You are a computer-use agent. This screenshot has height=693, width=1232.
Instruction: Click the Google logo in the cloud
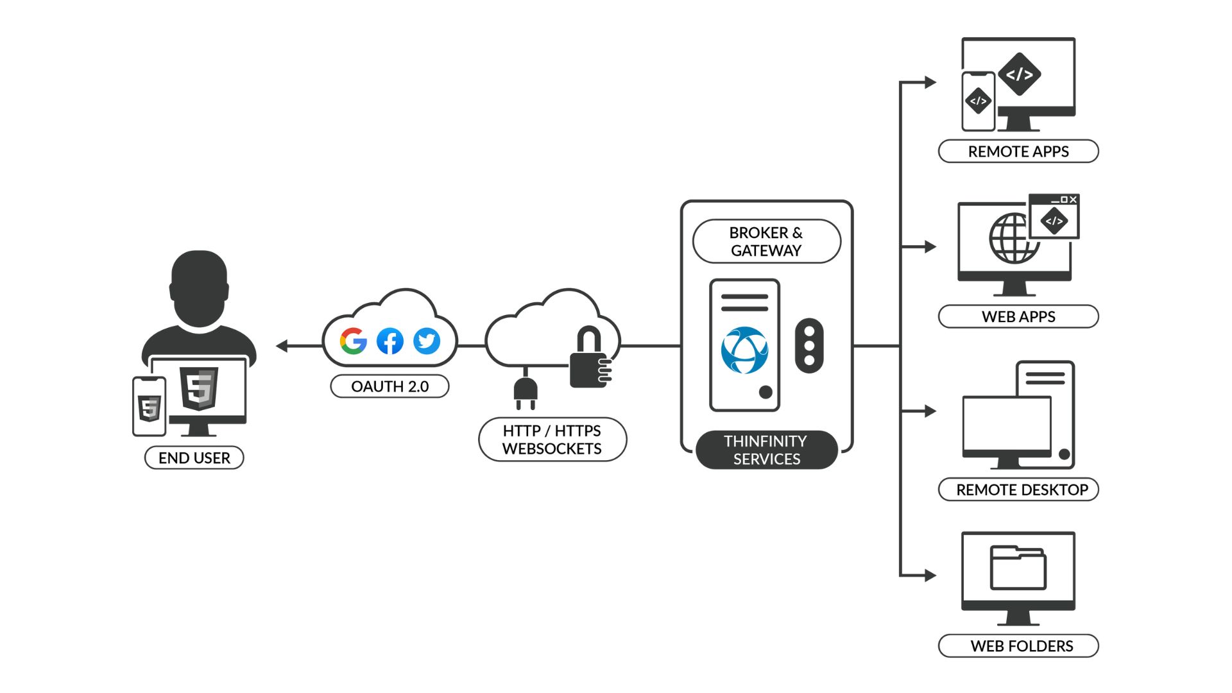[353, 341]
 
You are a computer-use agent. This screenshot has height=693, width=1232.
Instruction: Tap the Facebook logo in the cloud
[389, 341]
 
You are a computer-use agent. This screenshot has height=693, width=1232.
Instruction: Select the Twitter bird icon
[427, 341]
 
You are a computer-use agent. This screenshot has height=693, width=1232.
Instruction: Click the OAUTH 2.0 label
[389, 386]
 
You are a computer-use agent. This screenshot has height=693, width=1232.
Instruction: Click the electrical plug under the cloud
[525, 391]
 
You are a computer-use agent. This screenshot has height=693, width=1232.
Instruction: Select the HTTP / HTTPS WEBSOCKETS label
[552, 440]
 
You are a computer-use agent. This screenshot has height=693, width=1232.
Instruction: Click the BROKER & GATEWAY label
[766, 241]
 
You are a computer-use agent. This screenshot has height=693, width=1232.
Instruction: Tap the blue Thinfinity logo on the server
[744, 350]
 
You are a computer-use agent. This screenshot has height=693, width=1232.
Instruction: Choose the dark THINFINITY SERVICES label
[766, 450]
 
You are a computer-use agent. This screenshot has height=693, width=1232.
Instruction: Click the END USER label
[194, 458]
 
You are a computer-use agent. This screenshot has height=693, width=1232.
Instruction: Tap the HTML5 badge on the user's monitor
[199, 388]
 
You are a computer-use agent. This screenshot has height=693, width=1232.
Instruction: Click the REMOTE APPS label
[1018, 151]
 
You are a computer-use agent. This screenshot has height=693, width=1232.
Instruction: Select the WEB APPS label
[1018, 316]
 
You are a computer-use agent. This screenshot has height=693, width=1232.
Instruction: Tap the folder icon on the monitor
[1018, 567]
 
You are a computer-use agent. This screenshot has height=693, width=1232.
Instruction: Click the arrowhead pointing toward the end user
[282, 346]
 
